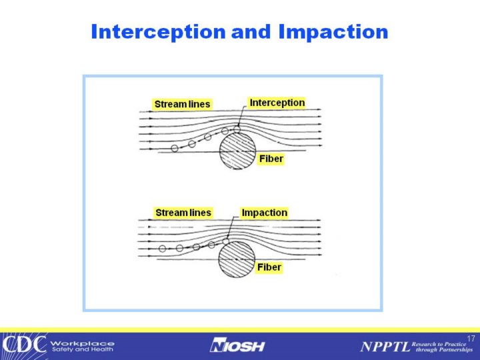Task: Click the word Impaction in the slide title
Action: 333,32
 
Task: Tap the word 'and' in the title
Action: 251,31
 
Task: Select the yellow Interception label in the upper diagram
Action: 277,103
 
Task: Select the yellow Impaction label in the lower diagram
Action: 265,213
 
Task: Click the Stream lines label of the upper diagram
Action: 182,104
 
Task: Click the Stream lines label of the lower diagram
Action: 183,213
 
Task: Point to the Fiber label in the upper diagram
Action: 271,159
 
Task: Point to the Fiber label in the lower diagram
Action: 269,267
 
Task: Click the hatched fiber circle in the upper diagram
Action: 237,151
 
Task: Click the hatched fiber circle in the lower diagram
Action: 236,259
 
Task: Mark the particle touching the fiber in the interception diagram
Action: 237,129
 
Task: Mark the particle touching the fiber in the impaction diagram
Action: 225,241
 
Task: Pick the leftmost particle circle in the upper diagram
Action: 175,149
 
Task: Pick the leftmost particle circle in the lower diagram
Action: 162,249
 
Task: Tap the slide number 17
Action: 471,339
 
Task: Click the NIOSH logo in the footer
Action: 237,345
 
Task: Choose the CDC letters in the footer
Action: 24,344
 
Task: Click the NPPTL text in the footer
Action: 385,347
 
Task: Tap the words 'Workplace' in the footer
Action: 83,343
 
